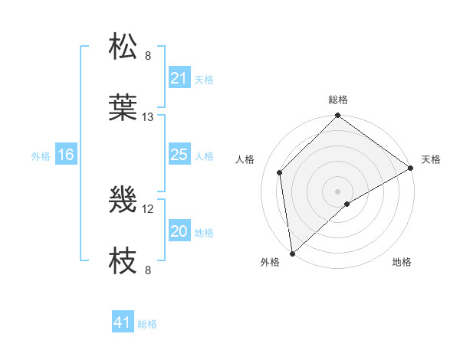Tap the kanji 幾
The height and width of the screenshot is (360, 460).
(x=123, y=200)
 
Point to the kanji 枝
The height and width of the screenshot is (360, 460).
(x=123, y=261)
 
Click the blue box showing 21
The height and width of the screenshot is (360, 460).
(x=179, y=78)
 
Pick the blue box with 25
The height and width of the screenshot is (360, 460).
(x=179, y=155)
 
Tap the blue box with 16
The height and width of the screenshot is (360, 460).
(x=66, y=155)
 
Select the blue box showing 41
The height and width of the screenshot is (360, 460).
(x=123, y=323)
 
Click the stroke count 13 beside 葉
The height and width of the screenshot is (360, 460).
(x=148, y=117)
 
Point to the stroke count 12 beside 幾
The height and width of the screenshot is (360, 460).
(x=148, y=208)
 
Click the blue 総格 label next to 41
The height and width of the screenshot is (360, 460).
(x=147, y=324)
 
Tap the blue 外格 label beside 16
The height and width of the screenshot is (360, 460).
(x=41, y=156)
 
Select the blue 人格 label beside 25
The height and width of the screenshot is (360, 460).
(x=204, y=156)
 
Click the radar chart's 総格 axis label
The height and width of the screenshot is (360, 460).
(x=338, y=100)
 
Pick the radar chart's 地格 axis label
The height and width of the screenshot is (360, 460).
(x=402, y=262)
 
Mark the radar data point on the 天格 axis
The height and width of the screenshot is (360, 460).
(x=411, y=168)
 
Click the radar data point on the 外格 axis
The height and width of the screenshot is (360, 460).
(x=292, y=254)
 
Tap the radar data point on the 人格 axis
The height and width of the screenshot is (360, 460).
(x=280, y=172)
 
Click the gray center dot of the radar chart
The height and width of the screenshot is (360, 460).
(x=338, y=191)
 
